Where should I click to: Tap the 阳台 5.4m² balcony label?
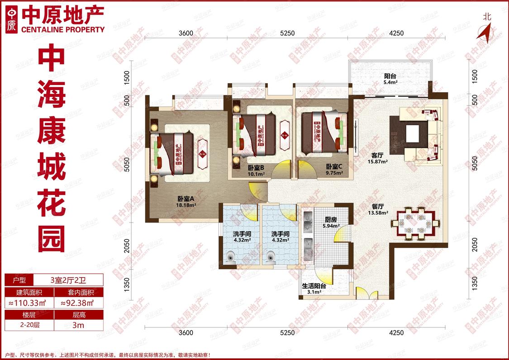390,79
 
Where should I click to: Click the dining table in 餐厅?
415,223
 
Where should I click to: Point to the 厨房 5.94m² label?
331,223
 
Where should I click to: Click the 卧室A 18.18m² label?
186,202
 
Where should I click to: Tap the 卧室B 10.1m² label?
256,171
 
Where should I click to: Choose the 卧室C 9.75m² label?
334,170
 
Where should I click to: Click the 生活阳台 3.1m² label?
314,289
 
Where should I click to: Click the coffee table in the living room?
413,134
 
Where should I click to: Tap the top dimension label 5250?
287,33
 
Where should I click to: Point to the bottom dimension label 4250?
396,332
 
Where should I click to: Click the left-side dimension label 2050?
127,246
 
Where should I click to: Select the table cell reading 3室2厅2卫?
68,280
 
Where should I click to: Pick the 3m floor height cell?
78,325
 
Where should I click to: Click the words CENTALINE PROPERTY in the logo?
63,29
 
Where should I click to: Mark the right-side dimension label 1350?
475,284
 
